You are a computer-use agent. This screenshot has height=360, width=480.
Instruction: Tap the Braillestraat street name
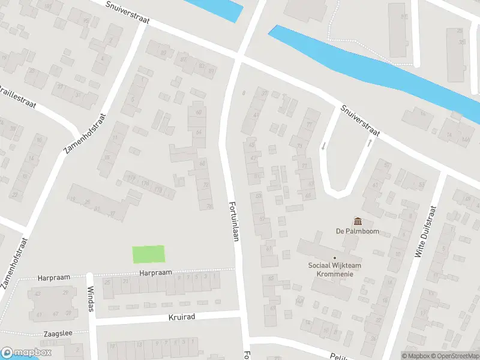click(x=18, y=96)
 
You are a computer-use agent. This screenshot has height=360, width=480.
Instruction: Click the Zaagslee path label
click(x=58, y=333)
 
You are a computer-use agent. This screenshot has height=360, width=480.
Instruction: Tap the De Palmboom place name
click(x=358, y=231)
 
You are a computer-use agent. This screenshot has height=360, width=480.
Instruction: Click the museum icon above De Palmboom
click(x=358, y=221)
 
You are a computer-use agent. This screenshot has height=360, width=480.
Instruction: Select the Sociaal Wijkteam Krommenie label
click(x=335, y=269)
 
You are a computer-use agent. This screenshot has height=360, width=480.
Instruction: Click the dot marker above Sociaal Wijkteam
click(x=335, y=259)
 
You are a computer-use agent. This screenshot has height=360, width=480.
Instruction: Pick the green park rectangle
click(x=148, y=254)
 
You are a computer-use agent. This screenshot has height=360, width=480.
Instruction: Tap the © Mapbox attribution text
click(x=416, y=356)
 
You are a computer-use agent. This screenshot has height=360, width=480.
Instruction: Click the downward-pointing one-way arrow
click(x=323, y=146)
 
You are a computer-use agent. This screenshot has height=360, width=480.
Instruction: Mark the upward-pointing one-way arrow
click(x=369, y=143)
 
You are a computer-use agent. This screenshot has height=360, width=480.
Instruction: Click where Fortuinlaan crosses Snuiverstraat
click(x=239, y=58)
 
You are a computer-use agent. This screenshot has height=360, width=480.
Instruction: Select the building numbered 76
click(x=209, y=206)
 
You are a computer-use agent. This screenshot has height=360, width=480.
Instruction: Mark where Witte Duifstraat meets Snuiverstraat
click(x=444, y=172)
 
